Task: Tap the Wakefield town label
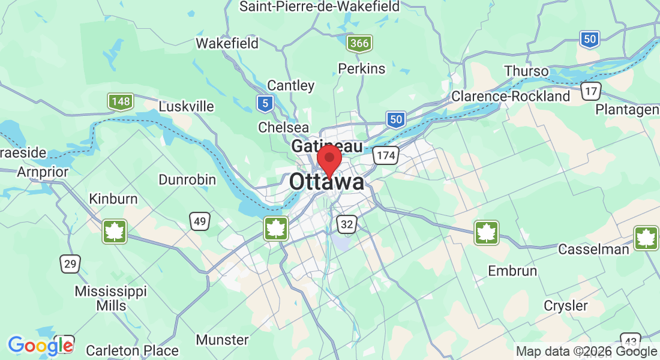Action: pyautogui.click(x=227, y=43)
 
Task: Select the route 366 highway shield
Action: pyautogui.click(x=359, y=43)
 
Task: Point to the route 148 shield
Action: pyautogui.click(x=121, y=101)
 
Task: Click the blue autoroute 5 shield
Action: pyautogui.click(x=265, y=104)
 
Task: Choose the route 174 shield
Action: pyautogui.click(x=385, y=156)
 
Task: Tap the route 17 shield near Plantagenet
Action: pyautogui.click(x=591, y=91)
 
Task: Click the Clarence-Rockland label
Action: pyautogui.click(x=511, y=96)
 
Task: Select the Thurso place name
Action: pyautogui.click(x=526, y=71)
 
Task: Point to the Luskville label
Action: pyautogui.click(x=186, y=106)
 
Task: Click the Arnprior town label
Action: pyautogui.click(x=43, y=172)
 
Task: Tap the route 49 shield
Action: pyautogui.click(x=200, y=222)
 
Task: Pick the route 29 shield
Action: pyautogui.click(x=70, y=263)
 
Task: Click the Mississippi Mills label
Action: pyautogui.click(x=110, y=298)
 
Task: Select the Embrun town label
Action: pyautogui.click(x=512, y=271)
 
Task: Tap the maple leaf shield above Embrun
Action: pyautogui.click(x=486, y=233)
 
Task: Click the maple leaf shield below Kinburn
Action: pyautogui.click(x=114, y=232)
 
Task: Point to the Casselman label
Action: pyautogui.click(x=593, y=249)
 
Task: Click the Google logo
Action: pyautogui.click(x=40, y=346)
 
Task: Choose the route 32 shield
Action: pyautogui.click(x=347, y=224)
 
